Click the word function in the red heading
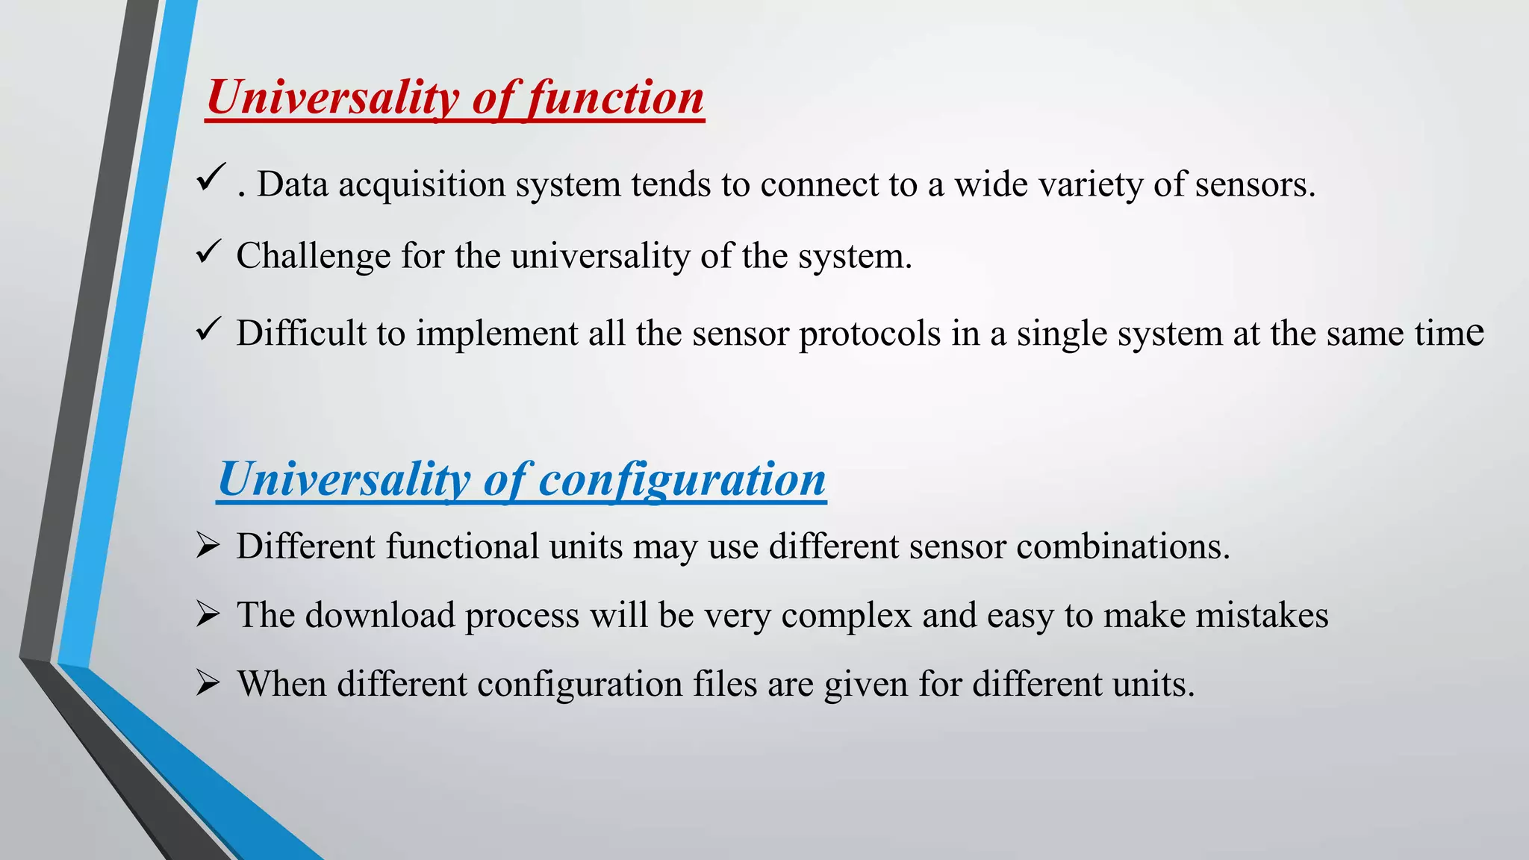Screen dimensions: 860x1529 click(x=616, y=98)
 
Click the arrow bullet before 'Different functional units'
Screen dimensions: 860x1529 click(x=208, y=546)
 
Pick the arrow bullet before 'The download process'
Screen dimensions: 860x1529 click(x=208, y=614)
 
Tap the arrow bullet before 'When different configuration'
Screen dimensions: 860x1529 click(x=208, y=683)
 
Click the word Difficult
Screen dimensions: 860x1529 click(x=302, y=334)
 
